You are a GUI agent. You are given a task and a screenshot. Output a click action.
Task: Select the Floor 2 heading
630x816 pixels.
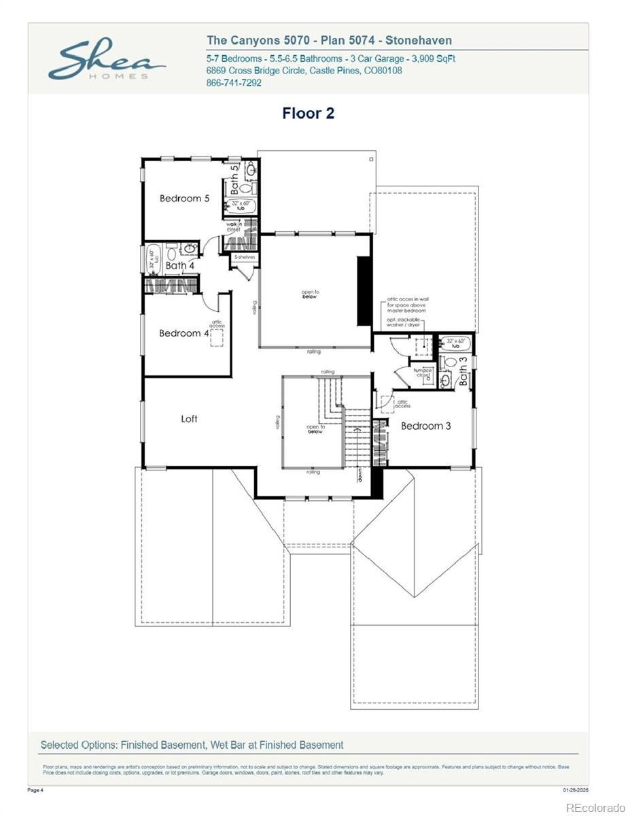tap(308, 114)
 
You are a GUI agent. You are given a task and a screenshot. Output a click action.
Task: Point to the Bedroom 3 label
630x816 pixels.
tap(425, 426)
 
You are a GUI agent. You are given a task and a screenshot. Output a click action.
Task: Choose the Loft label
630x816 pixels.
tap(189, 419)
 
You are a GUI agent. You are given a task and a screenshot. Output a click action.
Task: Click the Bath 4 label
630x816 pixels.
tap(180, 265)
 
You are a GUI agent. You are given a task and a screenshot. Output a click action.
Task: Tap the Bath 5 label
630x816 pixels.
tap(234, 178)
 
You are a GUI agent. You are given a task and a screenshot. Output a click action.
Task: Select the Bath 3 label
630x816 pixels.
tap(463, 370)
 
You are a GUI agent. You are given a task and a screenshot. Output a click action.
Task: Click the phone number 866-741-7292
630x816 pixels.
tap(233, 83)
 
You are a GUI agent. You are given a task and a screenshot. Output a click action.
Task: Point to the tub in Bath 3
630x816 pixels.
tap(454, 343)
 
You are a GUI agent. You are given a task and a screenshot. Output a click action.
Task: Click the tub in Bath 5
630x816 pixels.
tap(241, 206)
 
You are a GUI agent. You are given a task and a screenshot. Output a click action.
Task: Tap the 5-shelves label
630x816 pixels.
tap(244, 258)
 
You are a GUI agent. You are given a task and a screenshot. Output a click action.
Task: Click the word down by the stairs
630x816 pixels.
tap(360, 475)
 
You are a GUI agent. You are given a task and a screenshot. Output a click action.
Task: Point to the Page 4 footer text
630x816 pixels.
tap(35, 790)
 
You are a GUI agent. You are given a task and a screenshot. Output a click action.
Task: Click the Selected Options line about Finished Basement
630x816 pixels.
tap(192, 745)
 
